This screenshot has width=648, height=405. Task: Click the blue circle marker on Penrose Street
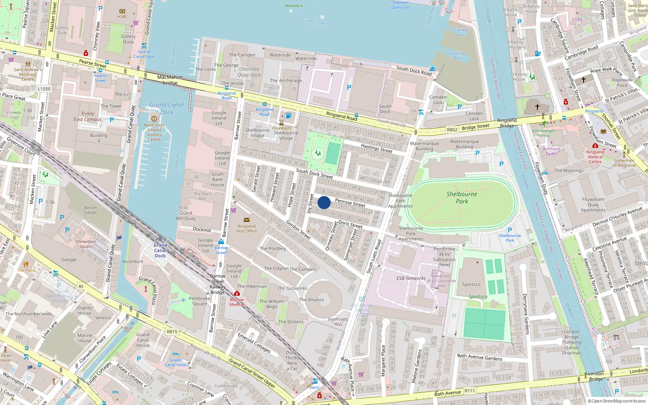click(x=324, y=202)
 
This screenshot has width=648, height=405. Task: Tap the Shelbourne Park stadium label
click(x=462, y=198)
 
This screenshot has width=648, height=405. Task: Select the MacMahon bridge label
click(x=170, y=80)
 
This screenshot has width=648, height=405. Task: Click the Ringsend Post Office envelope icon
click(x=246, y=220)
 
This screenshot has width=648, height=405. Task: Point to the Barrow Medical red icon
click(x=237, y=293)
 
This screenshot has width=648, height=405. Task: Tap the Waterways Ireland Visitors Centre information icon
click(x=154, y=119)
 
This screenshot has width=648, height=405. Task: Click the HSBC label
click(x=122, y=17)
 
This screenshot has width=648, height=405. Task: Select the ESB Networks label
click(x=411, y=278)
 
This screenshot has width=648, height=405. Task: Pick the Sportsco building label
click(x=471, y=284)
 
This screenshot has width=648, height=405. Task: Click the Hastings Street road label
click(x=376, y=148)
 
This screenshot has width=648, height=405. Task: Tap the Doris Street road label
click(x=350, y=224)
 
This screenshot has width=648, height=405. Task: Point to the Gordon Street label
click(x=298, y=230)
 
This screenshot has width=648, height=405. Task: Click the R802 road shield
click(x=452, y=130)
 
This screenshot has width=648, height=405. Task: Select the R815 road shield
click(x=172, y=331)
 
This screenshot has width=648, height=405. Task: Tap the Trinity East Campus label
click(x=87, y=117)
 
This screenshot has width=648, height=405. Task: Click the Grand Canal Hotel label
click(x=175, y=362)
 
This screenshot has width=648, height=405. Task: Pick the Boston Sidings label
click(x=90, y=210)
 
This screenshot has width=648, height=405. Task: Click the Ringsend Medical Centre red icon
click(x=595, y=146)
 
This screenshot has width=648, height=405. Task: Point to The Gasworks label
click(x=292, y=288)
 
